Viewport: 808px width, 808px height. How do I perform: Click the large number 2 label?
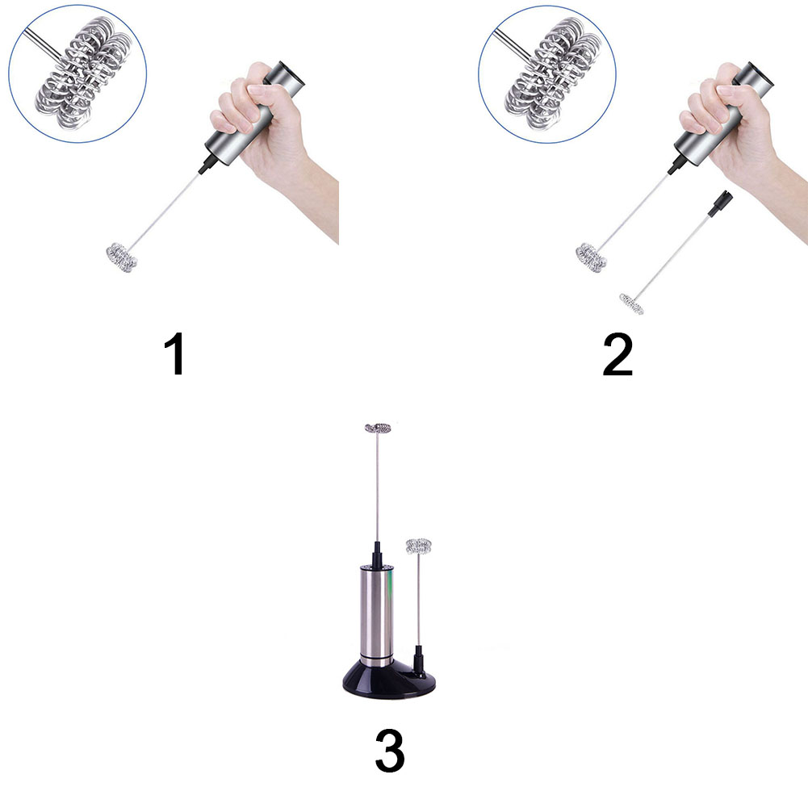tap(618, 354)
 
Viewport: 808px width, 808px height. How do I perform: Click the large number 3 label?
tap(390, 751)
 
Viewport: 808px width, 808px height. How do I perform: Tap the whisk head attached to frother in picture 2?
tap(591, 257)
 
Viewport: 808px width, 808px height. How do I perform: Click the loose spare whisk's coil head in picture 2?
tap(631, 304)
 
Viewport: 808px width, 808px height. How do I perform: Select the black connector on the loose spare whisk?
tap(720, 203)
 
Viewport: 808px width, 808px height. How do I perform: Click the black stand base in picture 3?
tap(389, 679)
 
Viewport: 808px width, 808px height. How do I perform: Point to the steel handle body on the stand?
tap(377, 613)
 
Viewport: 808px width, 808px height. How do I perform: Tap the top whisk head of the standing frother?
tap(378, 427)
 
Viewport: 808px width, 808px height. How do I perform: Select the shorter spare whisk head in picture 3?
tap(418, 546)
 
